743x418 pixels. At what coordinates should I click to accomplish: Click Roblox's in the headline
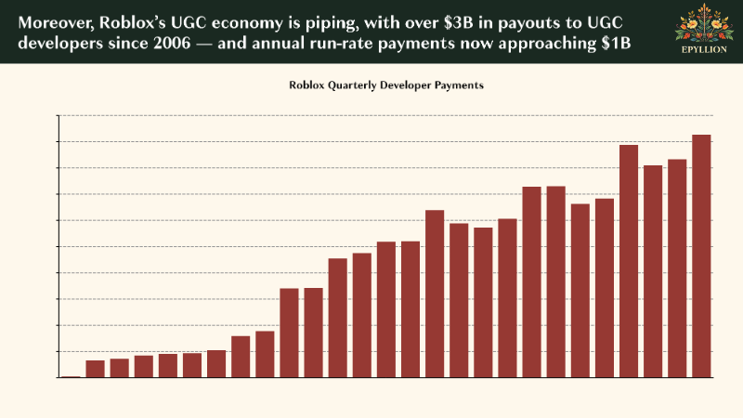pyautogui.click(x=134, y=21)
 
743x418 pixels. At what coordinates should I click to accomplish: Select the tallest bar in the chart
pyautogui.click(x=701, y=255)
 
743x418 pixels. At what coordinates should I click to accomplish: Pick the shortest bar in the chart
pyautogui.click(x=71, y=377)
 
